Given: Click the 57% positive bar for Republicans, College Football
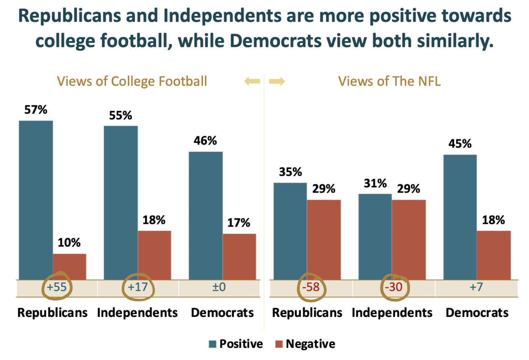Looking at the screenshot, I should [x=36, y=200].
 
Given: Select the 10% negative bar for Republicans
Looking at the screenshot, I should [x=70, y=267].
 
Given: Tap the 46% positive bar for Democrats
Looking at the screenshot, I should [x=206, y=215].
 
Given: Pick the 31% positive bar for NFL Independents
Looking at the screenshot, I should [x=375, y=237].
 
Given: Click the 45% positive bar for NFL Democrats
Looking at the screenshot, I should [x=460, y=217].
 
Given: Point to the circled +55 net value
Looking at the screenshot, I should [x=57, y=287].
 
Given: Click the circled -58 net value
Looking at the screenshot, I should [x=311, y=287].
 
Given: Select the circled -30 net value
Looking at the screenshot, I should [x=394, y=287].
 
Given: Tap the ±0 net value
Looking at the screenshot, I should [x=219, y=287].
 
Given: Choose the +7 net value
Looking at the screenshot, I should [x=476, y=287].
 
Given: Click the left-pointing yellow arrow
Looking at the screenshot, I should [x=252, y=82].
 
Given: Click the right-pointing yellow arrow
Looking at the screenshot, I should [x=277, y=82].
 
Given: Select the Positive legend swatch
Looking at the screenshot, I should [x=212, y=344].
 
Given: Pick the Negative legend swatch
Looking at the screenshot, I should [x=279, y=344].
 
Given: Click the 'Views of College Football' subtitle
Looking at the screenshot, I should [x=132, y=81].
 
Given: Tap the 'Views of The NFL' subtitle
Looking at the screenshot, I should [x=389, y=81].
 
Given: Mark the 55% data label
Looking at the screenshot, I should [x=121, y=115].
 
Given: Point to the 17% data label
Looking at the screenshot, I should [x=239, y=223].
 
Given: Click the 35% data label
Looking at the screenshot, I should [x=290, y=172].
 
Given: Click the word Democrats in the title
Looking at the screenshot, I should [x=275, y=41].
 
